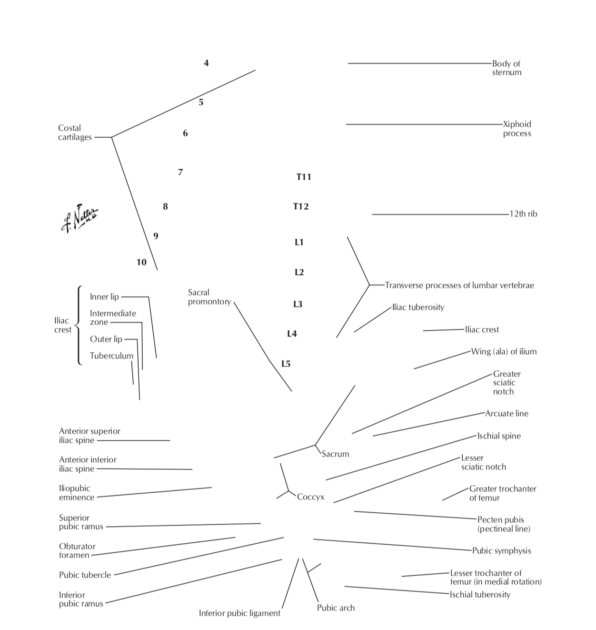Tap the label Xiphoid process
pos(517,129)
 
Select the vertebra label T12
pos(301,206)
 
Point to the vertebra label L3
pos(298,304)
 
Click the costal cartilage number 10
pos(141,262)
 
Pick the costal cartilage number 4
pos(206,63)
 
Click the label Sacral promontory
pos(209,297)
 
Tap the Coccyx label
pos(310,497)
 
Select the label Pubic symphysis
pos(501,551)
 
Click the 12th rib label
pos(523,214)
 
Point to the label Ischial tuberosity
pos(480,595)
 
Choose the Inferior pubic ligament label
pos(239,613)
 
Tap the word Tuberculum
pos(111,356)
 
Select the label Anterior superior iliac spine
pos(89,436)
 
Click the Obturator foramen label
pos(77,550)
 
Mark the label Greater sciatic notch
pos(506,383)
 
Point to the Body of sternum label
pos(506,68)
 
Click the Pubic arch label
pos(336,608)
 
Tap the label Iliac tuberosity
pos(418,307)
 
